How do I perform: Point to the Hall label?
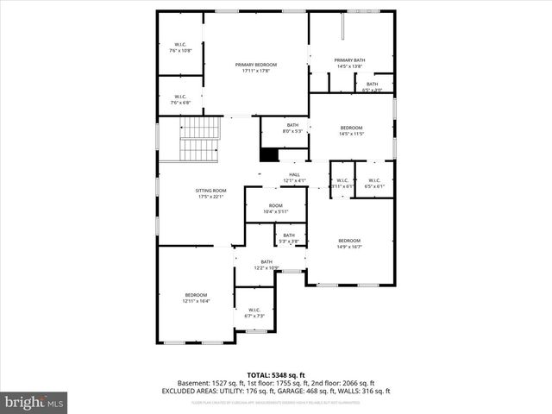coord(294,174)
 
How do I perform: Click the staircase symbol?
coord(200,141)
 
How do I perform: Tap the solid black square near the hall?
coord(269,154)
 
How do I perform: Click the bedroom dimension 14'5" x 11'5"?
coord(352,134)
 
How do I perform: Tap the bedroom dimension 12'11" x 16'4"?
coord(196,301)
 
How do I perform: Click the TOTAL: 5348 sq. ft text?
coord(275,375)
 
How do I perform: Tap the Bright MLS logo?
coord(34,402)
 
